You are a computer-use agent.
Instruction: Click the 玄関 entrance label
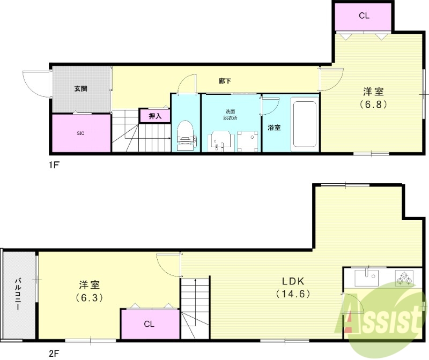[80, 88]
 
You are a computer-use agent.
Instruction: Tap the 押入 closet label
[154, 116]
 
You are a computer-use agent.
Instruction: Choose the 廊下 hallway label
[225, 81]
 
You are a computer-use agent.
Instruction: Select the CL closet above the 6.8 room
[364, 16]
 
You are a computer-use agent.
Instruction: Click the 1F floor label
[54, 166]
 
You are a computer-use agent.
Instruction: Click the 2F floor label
[54, 353]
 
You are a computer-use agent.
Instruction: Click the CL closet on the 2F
[149, 324]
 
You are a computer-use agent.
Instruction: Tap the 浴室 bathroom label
[274, 128]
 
